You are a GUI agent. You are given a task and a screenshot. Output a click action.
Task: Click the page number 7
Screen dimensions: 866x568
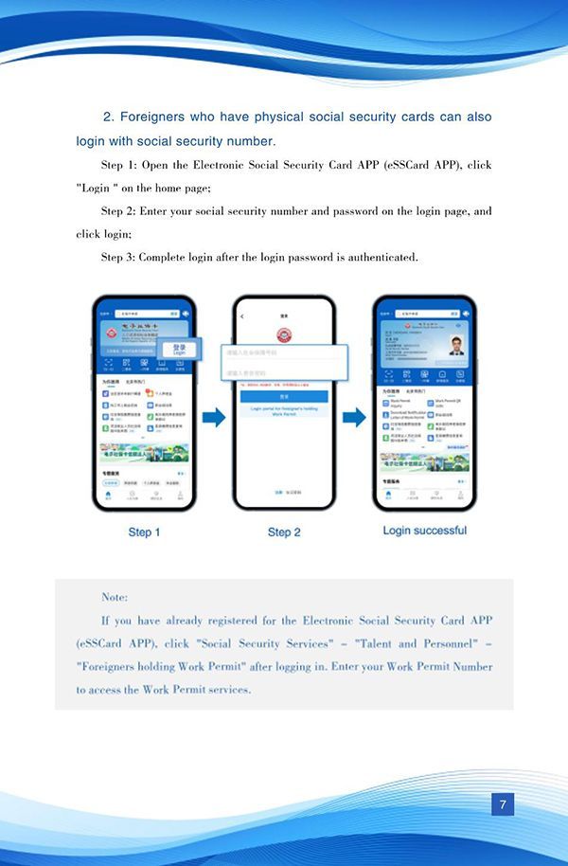tap(503, 805)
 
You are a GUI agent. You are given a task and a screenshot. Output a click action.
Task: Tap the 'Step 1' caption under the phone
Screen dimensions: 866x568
tap(144, 532)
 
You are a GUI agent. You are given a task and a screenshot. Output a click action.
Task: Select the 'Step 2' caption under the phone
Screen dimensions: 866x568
tap(284, 532)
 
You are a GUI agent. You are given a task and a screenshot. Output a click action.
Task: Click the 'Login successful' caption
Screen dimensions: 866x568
tap(424, 530)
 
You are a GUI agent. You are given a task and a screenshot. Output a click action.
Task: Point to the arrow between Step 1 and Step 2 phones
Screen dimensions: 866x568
tap(214, 417)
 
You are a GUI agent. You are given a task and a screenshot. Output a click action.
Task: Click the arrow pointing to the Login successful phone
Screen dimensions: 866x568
tap(354, 417)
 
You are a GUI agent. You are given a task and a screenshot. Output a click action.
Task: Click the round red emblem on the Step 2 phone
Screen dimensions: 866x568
tap(284, 335)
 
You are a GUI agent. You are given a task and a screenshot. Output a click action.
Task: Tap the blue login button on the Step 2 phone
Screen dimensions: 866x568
tap(284, 397)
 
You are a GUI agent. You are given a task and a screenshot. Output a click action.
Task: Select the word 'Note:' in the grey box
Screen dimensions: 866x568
tap(115, 597)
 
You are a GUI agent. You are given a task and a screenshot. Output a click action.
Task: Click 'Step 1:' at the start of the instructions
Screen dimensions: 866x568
tap(120, 165)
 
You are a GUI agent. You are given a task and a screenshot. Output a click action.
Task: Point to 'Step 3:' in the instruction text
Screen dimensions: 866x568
tap(120, 257)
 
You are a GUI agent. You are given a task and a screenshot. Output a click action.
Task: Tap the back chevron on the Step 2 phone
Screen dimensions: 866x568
tap(242, 316)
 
